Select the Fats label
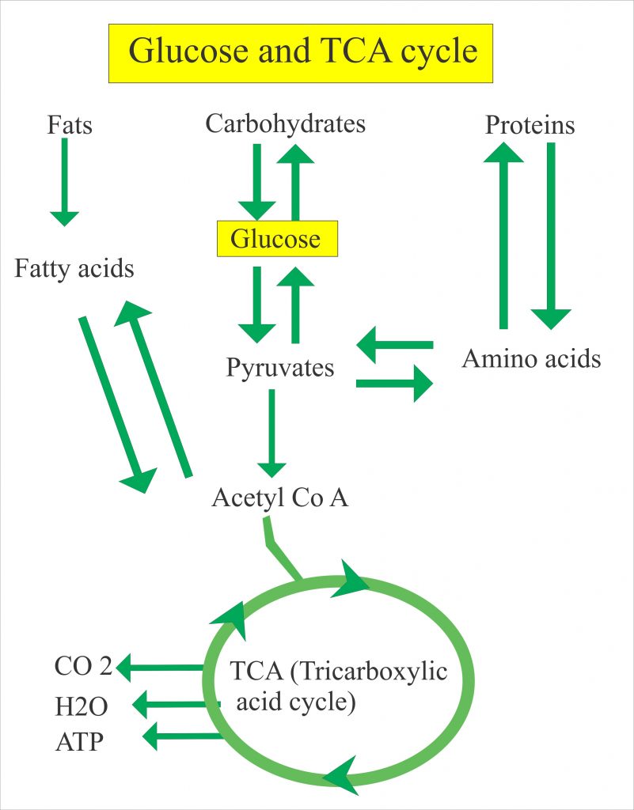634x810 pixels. (70, 125)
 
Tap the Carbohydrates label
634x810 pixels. (285, 124)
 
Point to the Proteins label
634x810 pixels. (530, 125)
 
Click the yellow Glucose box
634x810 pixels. (277, 238)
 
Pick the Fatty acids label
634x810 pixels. (74, 269)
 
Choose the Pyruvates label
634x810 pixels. (280, 368)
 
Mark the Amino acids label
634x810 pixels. (531, 359)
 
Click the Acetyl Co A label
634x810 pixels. (280, 498)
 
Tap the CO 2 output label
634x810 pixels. (83, 667)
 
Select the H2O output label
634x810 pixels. (82, 705)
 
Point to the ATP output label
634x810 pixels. (79, 741)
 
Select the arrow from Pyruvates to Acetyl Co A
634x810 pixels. (271, 435)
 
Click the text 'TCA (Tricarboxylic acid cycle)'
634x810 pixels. (338, 686)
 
